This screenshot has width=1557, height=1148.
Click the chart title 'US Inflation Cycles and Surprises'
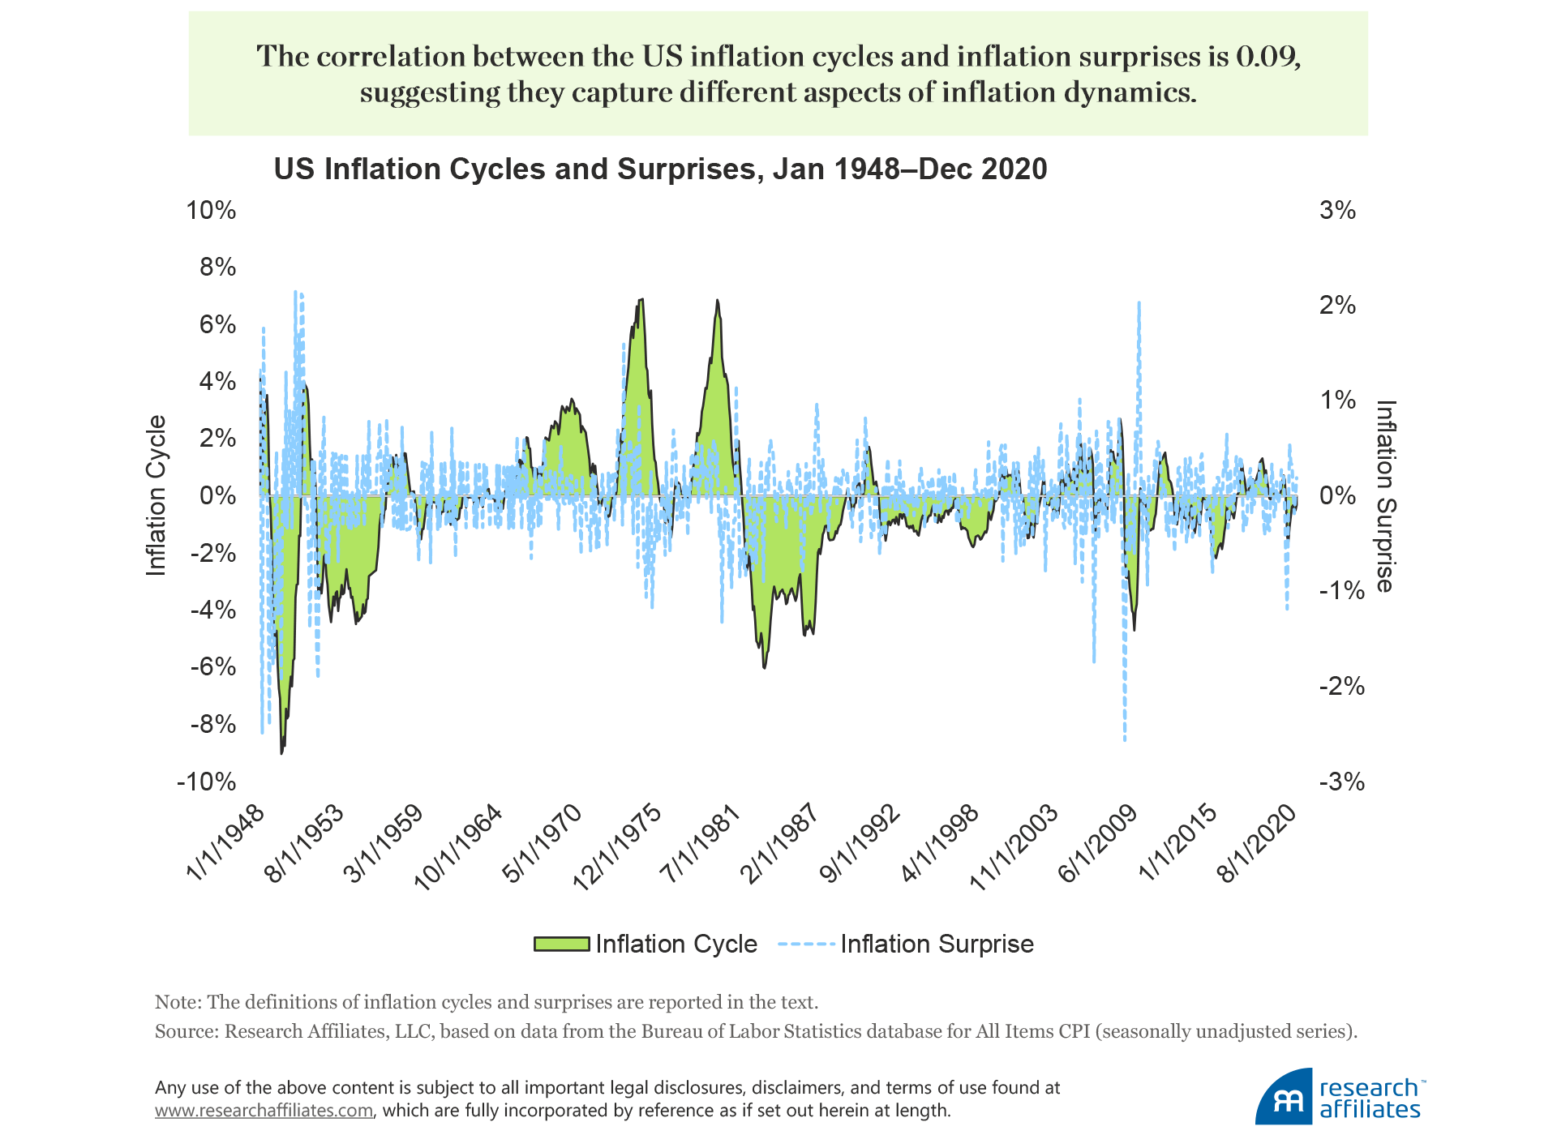tap(660, 169)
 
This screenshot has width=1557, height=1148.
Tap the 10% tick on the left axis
tap(211, 210)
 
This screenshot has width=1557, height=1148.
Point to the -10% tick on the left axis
tap(207, 782)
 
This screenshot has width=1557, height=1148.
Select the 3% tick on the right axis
tap(1337, 210)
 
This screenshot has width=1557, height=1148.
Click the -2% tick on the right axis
tap(1341, 687)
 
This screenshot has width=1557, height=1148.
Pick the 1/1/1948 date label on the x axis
tap(226, 843)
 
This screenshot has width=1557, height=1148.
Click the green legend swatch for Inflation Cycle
tap(561, 944)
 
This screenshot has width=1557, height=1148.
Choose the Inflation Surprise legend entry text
tap(937, 944)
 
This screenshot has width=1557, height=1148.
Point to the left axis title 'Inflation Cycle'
tap(156, 495)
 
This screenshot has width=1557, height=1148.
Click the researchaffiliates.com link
tap(264, 1110)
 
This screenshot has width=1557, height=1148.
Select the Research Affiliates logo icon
tap(1285, 1099)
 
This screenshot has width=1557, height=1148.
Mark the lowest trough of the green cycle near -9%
tap(281, 753)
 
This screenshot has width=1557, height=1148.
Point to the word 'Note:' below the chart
tap(178, 1002)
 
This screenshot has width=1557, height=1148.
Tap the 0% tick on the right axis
tap(1337, 495)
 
